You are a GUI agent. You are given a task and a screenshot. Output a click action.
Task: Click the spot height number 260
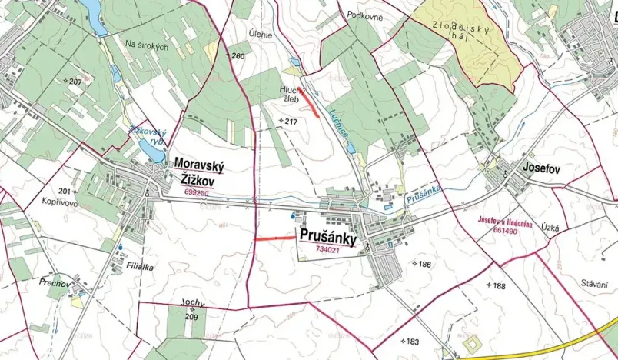(x=238, y=56)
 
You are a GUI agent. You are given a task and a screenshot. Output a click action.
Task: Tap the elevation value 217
(x=291, y=122)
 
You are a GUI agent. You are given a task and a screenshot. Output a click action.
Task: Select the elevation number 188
(x=499, y=285)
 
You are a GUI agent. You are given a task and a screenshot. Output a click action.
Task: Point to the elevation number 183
(x=412, y=342)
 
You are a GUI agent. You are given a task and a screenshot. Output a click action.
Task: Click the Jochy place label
(x=193, y=306)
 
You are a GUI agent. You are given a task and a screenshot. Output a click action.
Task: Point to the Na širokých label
(x=146, y=47)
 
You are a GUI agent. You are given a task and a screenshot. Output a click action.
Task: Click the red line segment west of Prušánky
(x=274, y=238)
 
